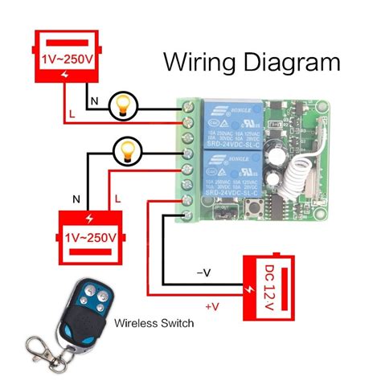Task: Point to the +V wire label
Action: click(x=212, y=306)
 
